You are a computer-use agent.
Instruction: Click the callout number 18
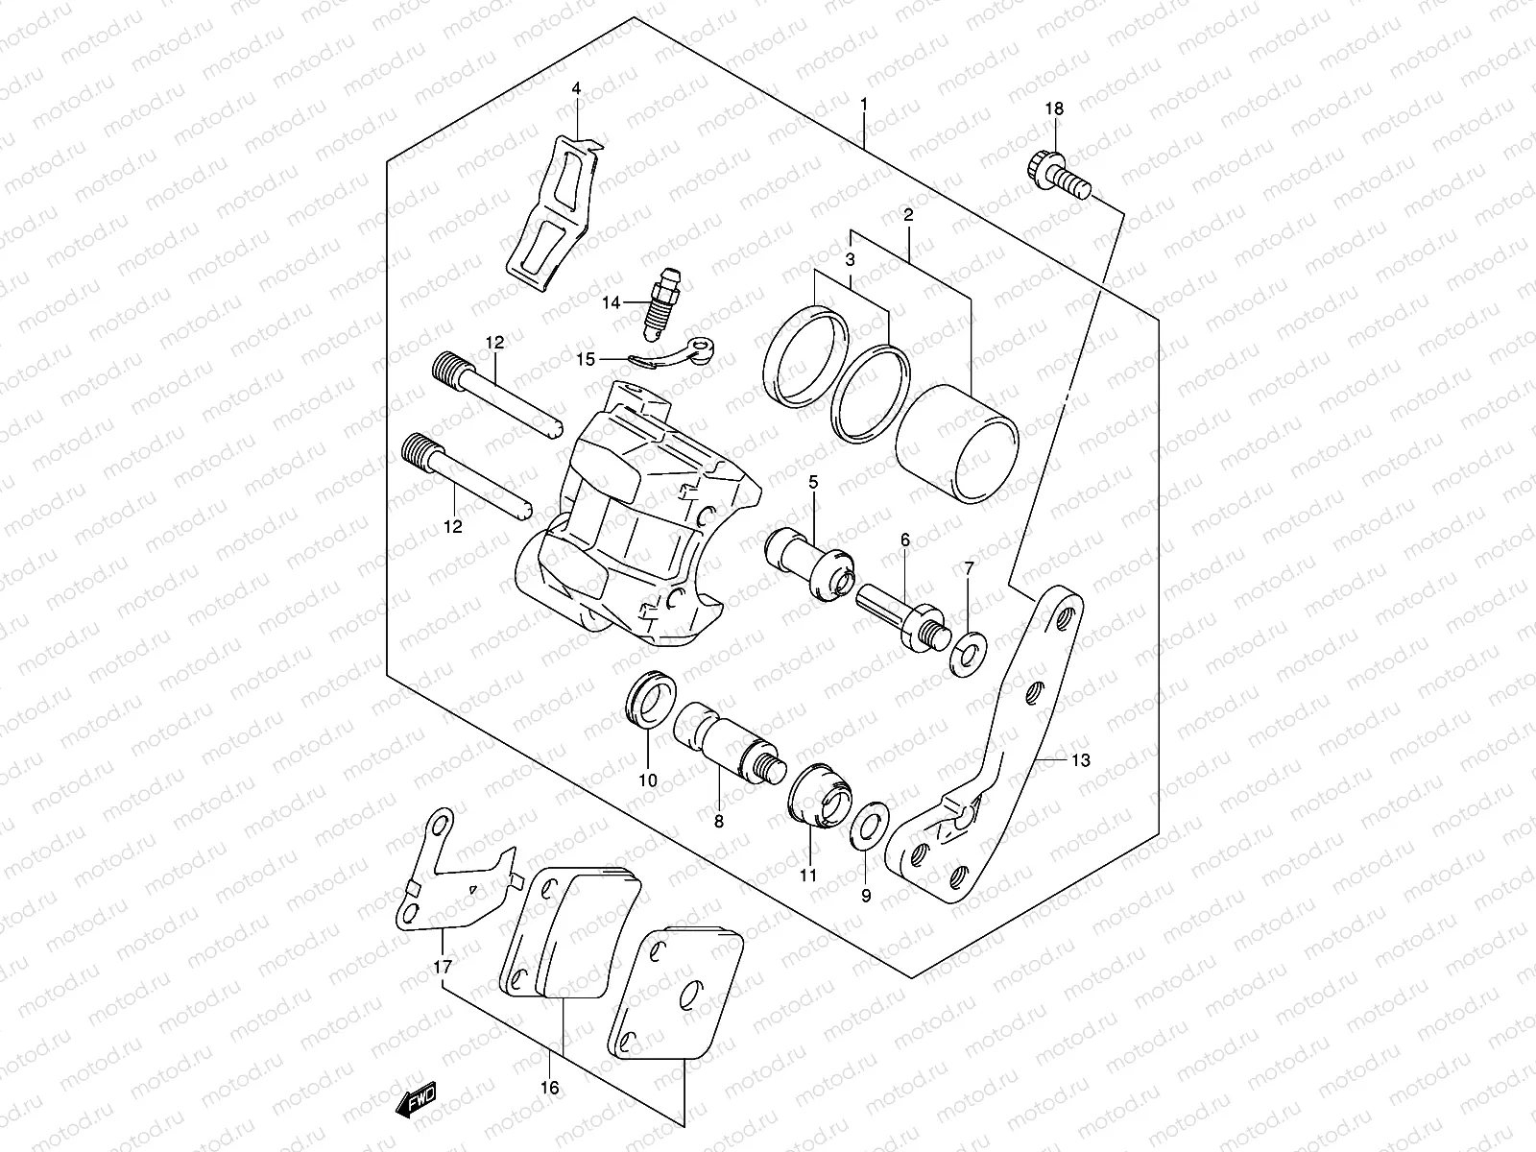(1054, 109)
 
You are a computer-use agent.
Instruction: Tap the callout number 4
(576, 88)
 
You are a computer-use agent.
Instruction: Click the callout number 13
(1080, 760)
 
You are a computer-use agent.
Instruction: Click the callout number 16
(550, 1088)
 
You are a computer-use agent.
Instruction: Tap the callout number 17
(441, 967)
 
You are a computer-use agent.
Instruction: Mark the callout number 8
(718, 821)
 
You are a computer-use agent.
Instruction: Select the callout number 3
(850, 259)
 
